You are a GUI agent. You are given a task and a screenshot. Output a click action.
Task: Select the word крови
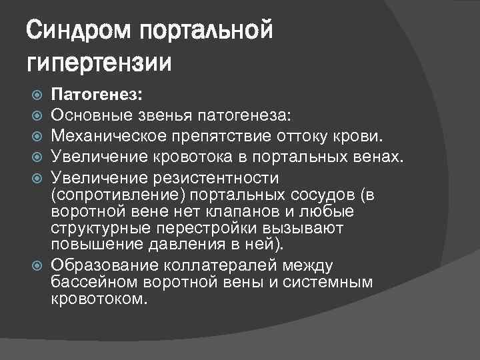[361, 137]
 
